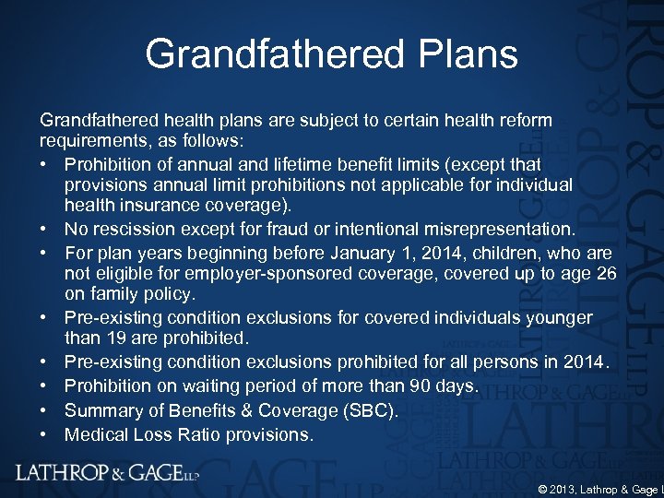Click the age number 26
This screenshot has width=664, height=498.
click(604, 273)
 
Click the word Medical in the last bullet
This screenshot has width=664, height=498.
click(97, 433)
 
